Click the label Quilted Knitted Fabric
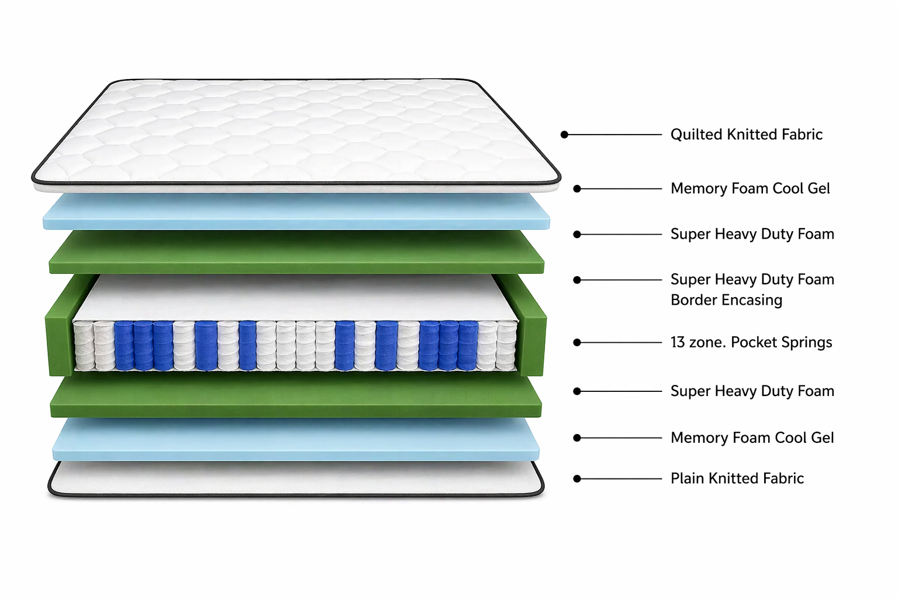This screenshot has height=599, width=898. pos(746,135)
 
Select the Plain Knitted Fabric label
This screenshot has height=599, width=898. pos(737,478)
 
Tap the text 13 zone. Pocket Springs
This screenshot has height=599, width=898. pos(751,342)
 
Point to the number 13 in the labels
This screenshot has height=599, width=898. pos(678,342)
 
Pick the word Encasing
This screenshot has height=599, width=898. pos(755,300)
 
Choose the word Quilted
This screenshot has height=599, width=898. pos(696,135)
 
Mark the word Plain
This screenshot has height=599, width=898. pos(687,478)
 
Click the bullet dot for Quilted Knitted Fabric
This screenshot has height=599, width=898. pos(564,135)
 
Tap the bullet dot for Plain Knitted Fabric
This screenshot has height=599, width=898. pos(577,478)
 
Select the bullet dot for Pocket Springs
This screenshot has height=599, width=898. pos(577,342)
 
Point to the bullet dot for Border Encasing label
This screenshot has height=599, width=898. pos(577,280)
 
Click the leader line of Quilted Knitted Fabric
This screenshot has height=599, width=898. pos(614,135)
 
